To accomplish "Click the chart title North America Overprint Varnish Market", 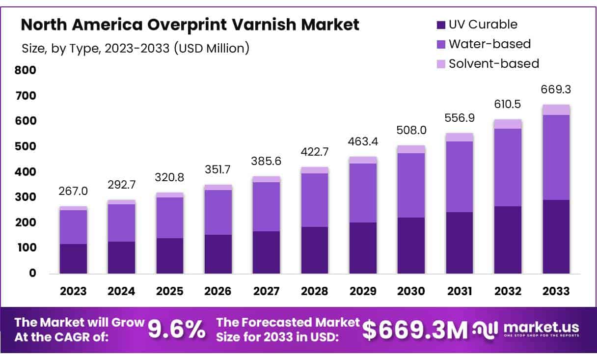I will click(190, 25).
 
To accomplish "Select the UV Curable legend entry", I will click(477, 24).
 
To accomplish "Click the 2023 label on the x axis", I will click(73, 291).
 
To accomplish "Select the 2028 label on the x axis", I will click(315, 291).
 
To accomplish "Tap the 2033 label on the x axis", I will click(556, 291).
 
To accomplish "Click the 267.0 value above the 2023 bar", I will click(73, 190).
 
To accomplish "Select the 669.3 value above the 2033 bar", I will click(556, 89).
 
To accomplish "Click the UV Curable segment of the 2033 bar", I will click(556, 236).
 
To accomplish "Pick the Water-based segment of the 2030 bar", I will click(411, 185).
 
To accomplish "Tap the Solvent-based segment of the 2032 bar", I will click(508, 124).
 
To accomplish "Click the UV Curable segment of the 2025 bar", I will click(170, 255).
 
